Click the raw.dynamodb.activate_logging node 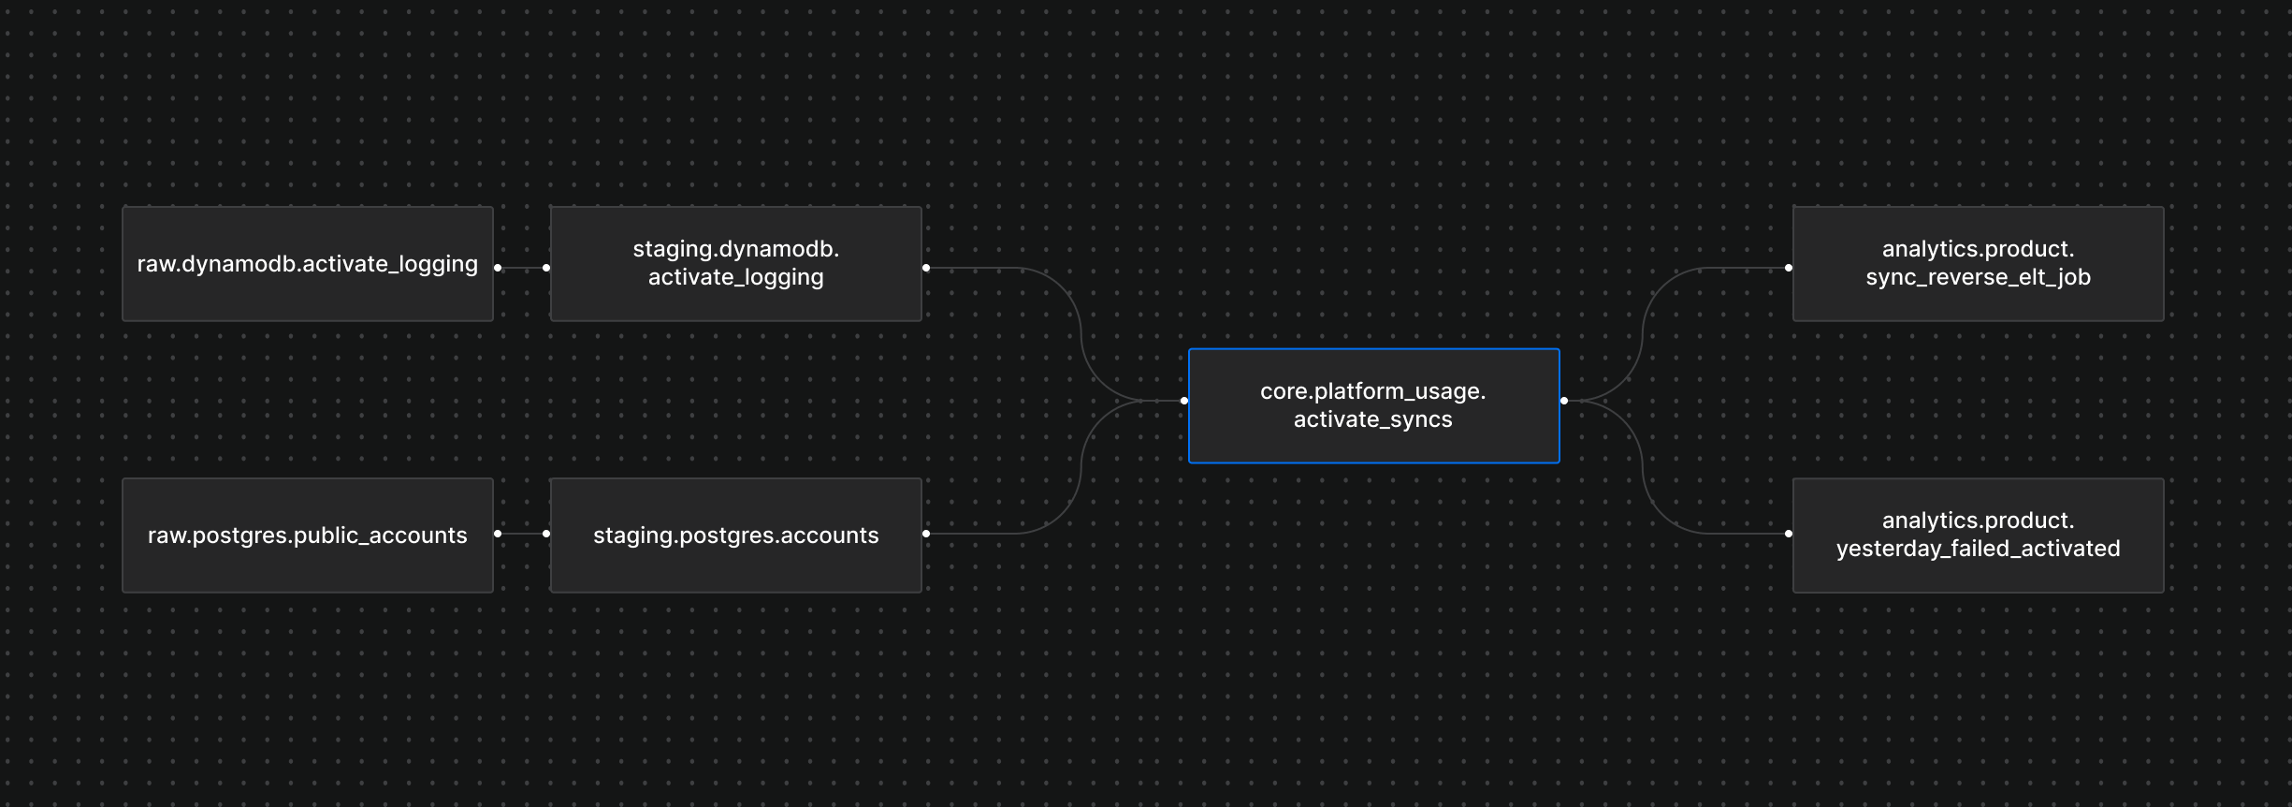pos(307,264)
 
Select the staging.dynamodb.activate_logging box pos(735,264)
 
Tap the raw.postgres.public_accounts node pos(307,536)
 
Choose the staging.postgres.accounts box pos(735,536)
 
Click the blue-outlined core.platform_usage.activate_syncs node pos(1373,405)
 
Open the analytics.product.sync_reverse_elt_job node pos(1978,264)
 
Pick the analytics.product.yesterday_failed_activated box pos(1978,536)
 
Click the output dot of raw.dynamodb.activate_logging pos(498,268)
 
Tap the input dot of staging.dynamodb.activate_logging pos(546,268)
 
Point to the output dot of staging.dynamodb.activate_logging pos(926,268)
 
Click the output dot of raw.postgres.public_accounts pos(498,534)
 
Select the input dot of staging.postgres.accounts pos(546,534)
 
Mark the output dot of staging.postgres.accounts pos(926,534)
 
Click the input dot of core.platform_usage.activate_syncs pos(1184,401)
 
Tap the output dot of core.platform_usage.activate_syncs pos(1564,401)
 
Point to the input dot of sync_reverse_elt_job pos(1789,268)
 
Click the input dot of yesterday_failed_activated pos(1789,534)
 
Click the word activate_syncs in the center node pos(1372,419)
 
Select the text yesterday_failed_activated pos(1978,549)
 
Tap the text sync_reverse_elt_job pos(1978,277)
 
